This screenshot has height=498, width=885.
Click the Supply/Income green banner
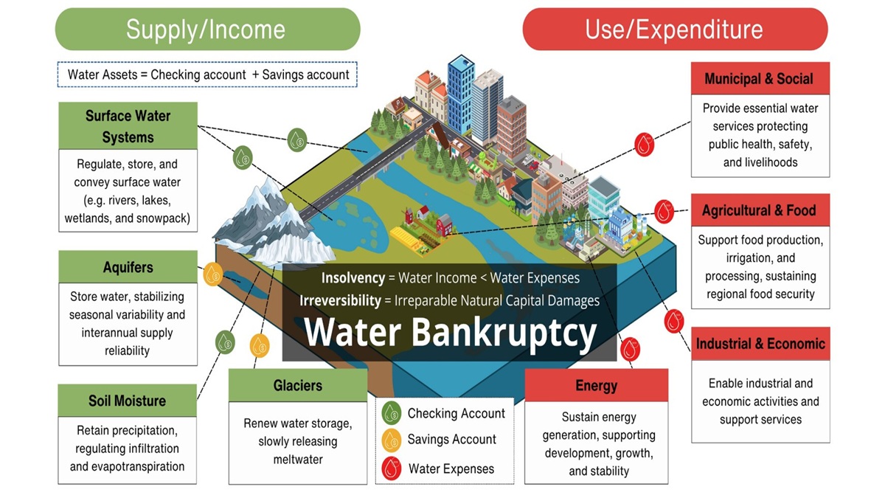tap(206, 30)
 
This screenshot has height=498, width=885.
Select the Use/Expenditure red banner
tap(674, 30)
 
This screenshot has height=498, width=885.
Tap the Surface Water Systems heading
tap(128, 126)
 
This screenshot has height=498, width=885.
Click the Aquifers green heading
tap(128, 267)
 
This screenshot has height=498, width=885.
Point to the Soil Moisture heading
tap(127, 401)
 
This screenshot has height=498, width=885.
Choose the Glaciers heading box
tap(297, 385)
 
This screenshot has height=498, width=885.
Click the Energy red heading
tap(596, 386)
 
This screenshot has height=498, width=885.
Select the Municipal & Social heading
tap(759, 79)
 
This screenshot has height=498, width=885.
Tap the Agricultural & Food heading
tap(759, 210)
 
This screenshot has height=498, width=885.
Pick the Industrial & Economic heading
tap(760, 344)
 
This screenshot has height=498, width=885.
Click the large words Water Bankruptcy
tap(451, 333)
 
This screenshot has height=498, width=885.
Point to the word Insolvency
tap(353, 278)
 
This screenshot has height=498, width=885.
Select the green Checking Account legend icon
tap(391, 413)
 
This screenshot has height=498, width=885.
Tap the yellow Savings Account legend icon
tap(391, 440)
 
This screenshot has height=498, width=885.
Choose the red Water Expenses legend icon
tap(391, 468)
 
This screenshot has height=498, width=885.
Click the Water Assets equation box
tap(208, 75)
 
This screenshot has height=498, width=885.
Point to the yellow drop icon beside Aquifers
tap(212, 274)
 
